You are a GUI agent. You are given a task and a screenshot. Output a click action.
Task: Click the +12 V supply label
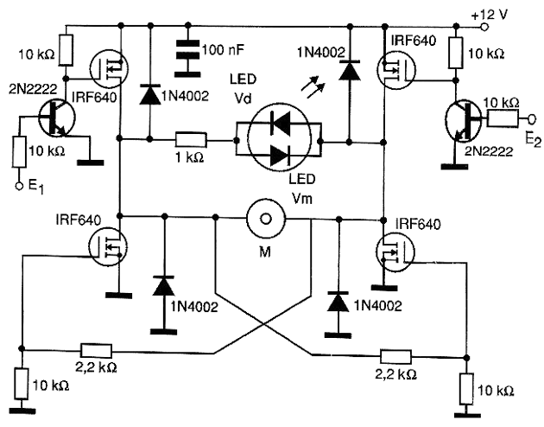[x=490, y=15]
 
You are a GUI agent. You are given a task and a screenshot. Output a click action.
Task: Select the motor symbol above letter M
[x=266, y=219]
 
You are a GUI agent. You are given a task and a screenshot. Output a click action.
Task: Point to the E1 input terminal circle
[x=19, y=186]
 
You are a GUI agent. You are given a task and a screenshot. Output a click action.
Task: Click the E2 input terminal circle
[x=532, y=119]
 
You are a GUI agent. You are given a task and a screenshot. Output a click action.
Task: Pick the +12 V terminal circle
[x=484, y=27]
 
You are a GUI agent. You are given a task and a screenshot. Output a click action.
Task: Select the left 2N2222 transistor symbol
[x=56, y=118]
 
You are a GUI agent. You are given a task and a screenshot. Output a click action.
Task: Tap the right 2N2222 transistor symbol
[x=463, y=120]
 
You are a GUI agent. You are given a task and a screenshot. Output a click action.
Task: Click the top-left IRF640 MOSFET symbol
[x=109, y=69]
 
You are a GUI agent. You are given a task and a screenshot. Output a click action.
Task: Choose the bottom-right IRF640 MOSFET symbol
[x=395, y=252]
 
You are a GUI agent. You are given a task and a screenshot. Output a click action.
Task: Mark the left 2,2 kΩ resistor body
[x=97, y=351]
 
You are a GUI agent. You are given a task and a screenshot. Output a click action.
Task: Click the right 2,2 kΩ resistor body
[x=395, y=357]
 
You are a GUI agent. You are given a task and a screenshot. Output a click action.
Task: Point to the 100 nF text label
[x=223, y=50]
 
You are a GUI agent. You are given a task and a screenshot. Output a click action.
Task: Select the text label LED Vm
[x=302, y=188]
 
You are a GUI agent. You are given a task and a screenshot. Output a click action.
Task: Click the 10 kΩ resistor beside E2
[x=503, y=118]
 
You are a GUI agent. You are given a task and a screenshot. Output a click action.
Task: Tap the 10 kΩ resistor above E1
[x=20, y=152]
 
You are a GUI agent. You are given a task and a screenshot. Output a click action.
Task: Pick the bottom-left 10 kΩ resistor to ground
[x=22, y=384]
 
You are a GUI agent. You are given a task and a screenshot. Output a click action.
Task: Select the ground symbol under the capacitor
[x=187, y=74]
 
